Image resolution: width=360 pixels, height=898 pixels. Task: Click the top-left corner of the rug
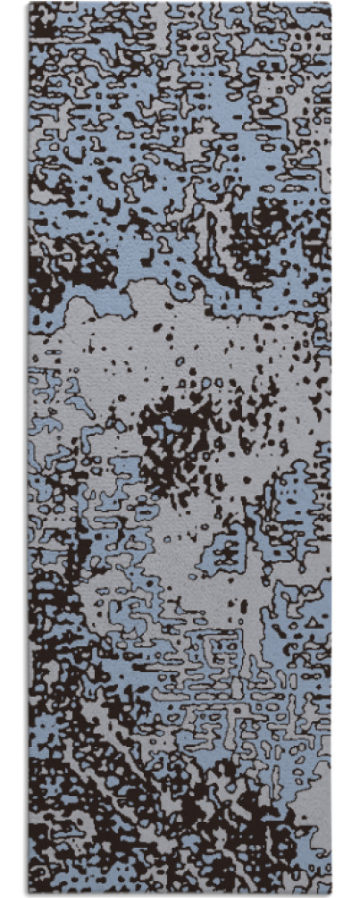click(29, 4)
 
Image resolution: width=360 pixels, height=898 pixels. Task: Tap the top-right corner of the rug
click(331, 4)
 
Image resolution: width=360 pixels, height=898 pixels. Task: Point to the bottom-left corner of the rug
click(29, 894)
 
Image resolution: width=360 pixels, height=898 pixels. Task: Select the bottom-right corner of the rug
click(331, 894)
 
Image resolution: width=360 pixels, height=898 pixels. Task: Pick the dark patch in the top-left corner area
click(54, 27)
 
